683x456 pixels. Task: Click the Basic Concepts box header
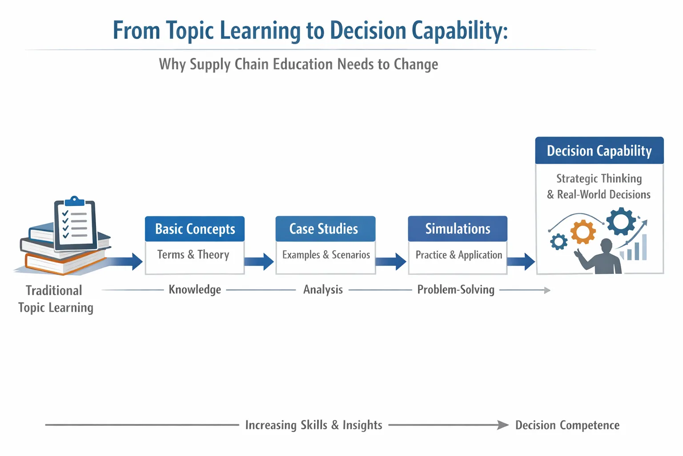(195, 229)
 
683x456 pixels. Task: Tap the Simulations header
(458, 229)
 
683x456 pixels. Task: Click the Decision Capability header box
(599, 151)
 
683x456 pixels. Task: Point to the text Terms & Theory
(193, 255)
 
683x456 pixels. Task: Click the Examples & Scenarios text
(326, 255)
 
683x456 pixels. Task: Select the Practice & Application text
(458, 255)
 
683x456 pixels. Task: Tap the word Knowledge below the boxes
(195, 289)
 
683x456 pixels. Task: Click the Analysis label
(323, 289)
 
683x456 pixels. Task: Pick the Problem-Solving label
(456, 289)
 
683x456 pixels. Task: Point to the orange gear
(583, 232)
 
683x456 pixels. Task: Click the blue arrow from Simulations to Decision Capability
(521, 261)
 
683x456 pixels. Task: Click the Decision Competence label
(567, 425)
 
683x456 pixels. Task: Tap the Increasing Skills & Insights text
(313, 425)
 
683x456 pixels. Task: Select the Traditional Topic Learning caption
(55, 299)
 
